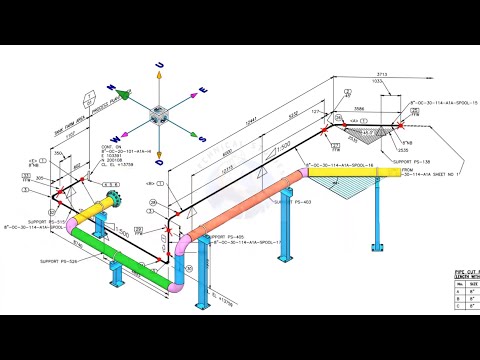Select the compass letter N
(114, 88)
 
